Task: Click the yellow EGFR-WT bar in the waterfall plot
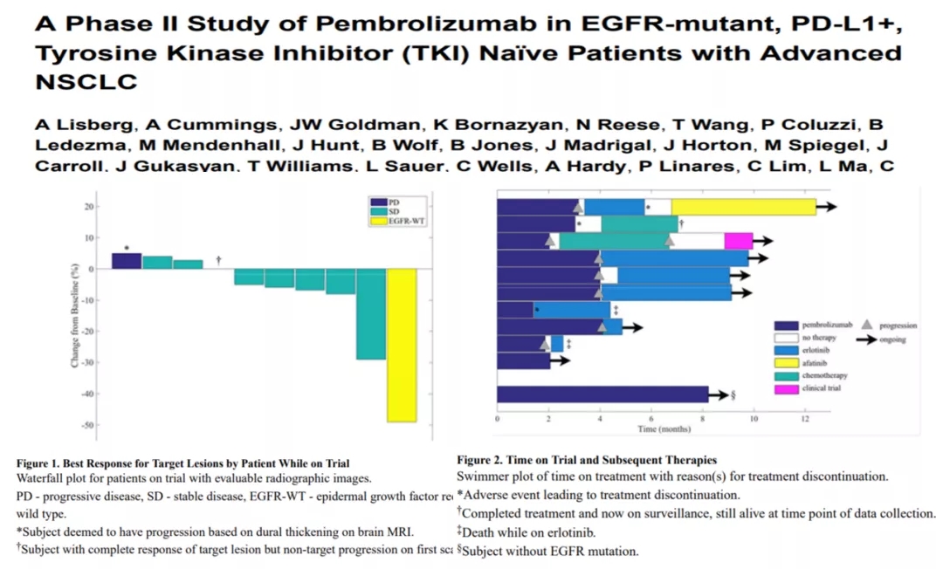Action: coord(402,346)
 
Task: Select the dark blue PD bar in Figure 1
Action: coord(127,261)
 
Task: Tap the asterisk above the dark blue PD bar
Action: coord(127,249)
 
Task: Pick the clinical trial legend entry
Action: coord(821,387)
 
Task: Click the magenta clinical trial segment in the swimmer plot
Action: coord(738,242)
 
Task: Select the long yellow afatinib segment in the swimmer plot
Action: coord(743,207)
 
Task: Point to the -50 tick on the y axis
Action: coord(89,425)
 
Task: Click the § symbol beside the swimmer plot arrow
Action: coord(733,394)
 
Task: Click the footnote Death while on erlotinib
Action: coord(531,531)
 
